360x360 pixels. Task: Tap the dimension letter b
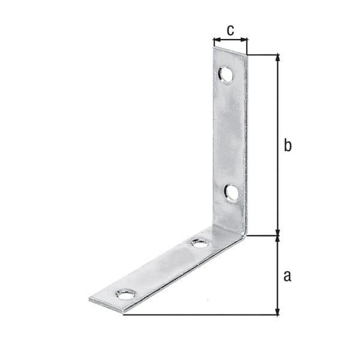point(287,145)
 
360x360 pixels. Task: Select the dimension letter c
point(230,28)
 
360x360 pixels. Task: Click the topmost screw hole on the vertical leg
point(226,74)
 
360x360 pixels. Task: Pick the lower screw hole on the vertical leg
point(232,192)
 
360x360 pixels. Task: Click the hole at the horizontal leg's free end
point(126,295)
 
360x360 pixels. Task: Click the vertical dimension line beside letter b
point(277,120)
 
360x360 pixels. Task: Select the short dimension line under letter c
point(230,41)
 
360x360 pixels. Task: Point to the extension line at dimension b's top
point(264,55)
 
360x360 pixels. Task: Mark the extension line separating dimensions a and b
point(264,235)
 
